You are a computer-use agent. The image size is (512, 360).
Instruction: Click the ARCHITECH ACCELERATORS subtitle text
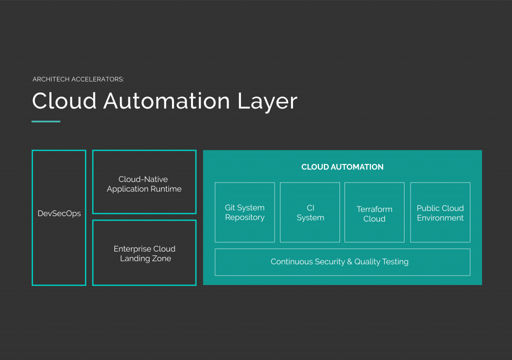pyautogui.click(x=77, y=79)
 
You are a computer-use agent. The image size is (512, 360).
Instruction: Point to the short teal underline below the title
pyautogui.click(x=46, y=121)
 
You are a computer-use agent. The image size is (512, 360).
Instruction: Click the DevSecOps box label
pyautogui.click(x=59, y=213)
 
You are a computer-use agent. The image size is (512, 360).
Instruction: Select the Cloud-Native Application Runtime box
pyautogui.click(x=144, y=182)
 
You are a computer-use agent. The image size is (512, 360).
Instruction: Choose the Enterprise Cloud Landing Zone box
pyautogui.click(x=144, y=253)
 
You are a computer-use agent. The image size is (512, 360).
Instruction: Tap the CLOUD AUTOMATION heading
pyautogui.click(x=342, y=167)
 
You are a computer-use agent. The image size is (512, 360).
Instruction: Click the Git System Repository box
pyautogui.click(x=244, y=212)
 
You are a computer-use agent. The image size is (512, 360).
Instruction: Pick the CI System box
pyautogui.click(x=310, y=212)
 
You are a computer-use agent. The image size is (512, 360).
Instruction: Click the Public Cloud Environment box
pyautogui.click(x=440, y=212)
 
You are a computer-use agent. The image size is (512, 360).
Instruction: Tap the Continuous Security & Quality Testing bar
pyautogui.click(x=342, y=262)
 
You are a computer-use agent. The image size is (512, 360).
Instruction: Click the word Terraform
pyautogui.click(x=374, y=209)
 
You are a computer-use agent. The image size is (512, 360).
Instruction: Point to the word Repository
pyautogui.click(x=244, y=217)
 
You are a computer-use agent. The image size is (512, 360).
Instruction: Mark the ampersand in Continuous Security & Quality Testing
pyautogui.click(x=349, y=262)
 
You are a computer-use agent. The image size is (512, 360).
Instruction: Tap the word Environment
pyautogui.click(x=440, y=218)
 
